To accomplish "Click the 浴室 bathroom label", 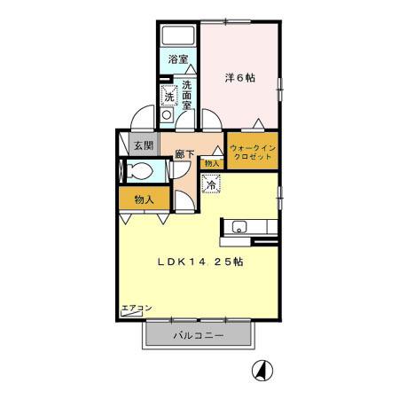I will coord(178,60).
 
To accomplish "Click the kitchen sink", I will coord(239,228).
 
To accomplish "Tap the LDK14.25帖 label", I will coord(200,262).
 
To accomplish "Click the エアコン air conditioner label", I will coord(137,308).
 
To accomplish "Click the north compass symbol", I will coord(263,370).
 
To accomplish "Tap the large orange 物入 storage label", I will coord(145,199).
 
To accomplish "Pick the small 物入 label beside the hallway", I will coord(211,163).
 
